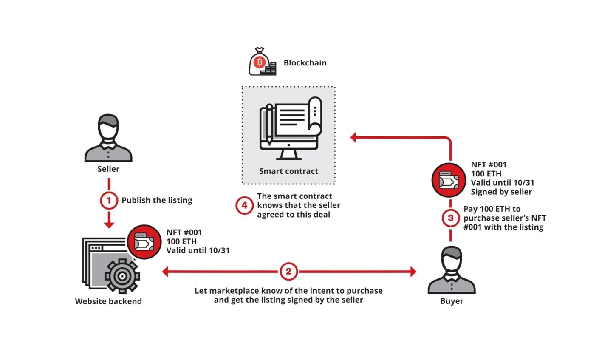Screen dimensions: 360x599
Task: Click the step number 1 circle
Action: (109, 200)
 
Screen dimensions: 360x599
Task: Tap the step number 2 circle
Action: (288, 272)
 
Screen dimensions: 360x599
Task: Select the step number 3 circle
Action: (451, 218)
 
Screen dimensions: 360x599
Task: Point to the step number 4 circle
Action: (244, 206)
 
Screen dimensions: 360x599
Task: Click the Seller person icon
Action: (108, 138)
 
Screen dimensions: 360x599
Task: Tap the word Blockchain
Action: (305, 63)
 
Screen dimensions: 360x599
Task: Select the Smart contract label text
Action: (288, 171)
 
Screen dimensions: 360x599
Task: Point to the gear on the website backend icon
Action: (122, 276)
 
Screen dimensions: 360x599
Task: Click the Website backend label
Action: (108, 301)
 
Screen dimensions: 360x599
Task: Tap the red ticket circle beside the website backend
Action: (144, 242)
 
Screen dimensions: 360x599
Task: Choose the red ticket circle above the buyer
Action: (449, 180)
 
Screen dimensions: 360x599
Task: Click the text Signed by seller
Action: (501, 192)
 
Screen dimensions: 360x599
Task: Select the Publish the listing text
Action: (157, 200)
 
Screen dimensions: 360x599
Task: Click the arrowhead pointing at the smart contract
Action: (353, 137)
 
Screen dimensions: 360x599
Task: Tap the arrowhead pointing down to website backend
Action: (109, 224)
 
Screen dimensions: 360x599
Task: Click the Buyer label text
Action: (452, 301)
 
